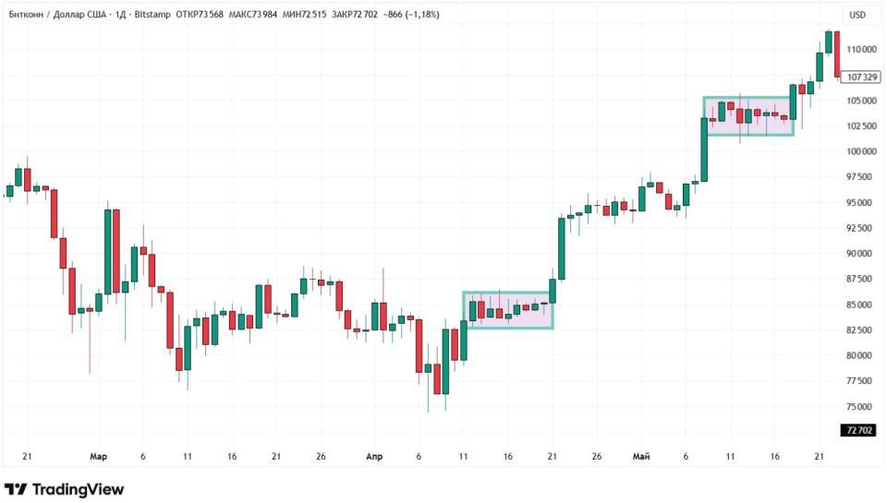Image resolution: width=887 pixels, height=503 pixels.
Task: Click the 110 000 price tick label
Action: click(861, 49)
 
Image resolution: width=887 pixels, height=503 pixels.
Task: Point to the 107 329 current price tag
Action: click(861, 77)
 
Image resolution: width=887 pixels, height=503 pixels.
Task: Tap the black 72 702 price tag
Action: click(859, 431)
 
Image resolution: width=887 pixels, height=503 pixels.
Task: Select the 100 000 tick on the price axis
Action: click(861, 151)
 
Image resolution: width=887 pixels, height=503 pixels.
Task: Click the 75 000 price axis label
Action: click(859, 407)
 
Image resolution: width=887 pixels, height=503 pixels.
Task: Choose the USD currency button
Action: click(857, 15)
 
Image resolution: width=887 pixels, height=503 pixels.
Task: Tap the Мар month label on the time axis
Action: click(98, 457)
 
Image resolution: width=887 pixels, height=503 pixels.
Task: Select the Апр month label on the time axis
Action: click(374, 457)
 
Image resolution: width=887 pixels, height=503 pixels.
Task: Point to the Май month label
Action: click(641, 457)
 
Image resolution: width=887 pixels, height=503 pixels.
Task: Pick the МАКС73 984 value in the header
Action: click(253, 15)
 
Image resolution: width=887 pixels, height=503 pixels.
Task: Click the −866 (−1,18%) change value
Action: click(410, 15)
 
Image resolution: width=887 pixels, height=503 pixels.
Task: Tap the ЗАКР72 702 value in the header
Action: click(355, 15)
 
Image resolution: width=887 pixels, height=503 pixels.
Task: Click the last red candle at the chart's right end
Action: click(837, 54)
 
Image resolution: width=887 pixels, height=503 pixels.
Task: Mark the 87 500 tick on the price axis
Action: click(859, 280)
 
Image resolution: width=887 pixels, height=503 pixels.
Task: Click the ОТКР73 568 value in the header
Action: click(200, 15)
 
